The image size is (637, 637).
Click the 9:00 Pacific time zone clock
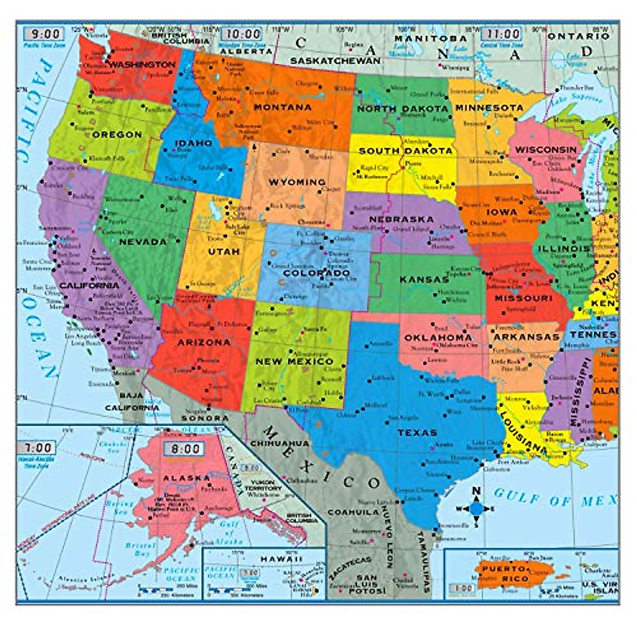pyautogui.click(x=44, y=34)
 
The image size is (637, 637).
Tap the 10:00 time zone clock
pyautogui.click(x=242, y=34)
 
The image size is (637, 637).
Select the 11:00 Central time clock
pyautogui.click(x=501, y=34)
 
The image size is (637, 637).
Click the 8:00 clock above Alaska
pyautogui.click(x=184, y=449)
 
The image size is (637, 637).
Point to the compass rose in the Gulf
pyautogui.click(x=476, y=508)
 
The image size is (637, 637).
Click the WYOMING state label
pyautogui.click(x=297, y=182)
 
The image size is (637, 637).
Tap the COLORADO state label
pyautogui.click(x=316, y=273)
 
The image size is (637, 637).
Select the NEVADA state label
pyautogui.click(x=143, y=242)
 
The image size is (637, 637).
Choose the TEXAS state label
pyautogui.click(x=417, y=433)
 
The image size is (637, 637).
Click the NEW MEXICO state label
pyautogui.click(x=295, y=361)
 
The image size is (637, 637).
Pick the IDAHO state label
pyautogui.click(x=194, y=143)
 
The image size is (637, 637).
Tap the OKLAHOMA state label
pyautogui.click(x=438, y=338)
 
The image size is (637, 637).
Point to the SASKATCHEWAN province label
pyautogui.click(x=335, y=61)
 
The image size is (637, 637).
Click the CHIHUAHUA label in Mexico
pyautogui.click(x=279, y=443)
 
